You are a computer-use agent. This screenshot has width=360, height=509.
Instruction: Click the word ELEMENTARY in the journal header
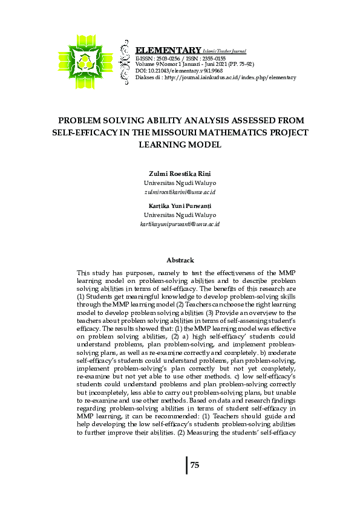click(169, 50)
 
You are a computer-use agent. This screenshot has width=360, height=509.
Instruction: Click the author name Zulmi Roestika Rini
click(180, 174)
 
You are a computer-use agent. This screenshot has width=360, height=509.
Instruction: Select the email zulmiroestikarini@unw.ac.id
click(180, 192)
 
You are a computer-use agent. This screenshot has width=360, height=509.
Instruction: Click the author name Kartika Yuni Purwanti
click(180, 206)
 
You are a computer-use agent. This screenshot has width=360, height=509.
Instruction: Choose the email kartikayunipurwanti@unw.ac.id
click(180, 224)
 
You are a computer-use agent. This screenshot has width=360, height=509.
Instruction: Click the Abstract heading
click(180, 261)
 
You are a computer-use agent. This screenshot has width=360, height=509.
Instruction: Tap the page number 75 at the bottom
click(195, 465)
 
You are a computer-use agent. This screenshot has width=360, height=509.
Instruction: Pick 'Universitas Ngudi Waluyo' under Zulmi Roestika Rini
click(180, 183)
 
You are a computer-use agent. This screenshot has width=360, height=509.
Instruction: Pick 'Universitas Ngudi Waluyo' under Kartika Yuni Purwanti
click(180, 215)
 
